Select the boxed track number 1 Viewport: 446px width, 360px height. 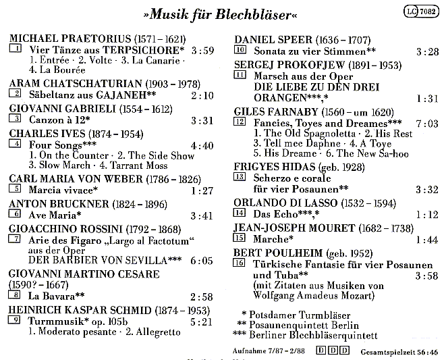pos(14,49)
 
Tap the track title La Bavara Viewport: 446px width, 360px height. pos(51,297)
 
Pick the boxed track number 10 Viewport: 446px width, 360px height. pos(240,50)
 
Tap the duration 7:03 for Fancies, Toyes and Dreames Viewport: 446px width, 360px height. pos(426,123)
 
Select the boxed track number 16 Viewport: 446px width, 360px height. pos(240,263)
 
